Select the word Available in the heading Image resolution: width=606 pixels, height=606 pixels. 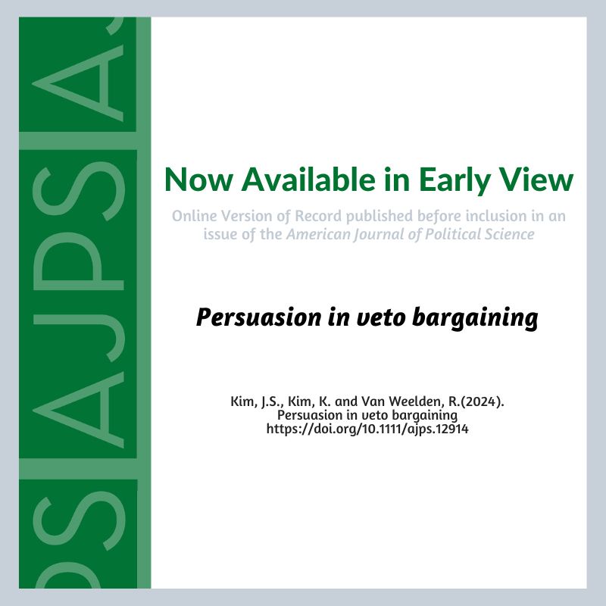(308, 180)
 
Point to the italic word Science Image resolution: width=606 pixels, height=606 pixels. (508, 234)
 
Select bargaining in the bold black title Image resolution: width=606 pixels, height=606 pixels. (475, 318)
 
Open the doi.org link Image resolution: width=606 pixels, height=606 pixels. (367, 429)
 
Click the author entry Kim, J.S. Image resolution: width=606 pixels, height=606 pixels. (257, 402)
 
